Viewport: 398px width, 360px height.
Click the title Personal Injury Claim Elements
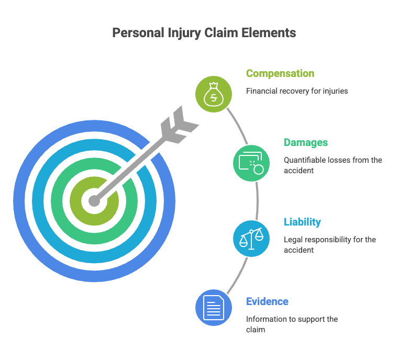[x=204, y=33]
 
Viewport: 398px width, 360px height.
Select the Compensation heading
[x=280, y=74]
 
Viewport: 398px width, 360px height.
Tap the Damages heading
[x=306, y=142]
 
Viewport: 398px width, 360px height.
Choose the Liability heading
[x=302, y=222]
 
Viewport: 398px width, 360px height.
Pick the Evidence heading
[x=267, y=301]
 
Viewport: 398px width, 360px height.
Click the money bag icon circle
[x=214, y=94]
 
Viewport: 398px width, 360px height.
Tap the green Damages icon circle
[x=251, y=163]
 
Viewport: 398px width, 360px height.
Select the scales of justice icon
[x=251, y=239]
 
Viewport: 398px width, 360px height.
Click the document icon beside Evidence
[x=214, y=308]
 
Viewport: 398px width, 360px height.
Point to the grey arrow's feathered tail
[x=180, y=125]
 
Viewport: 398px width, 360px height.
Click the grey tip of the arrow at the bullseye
[x=94, y=201]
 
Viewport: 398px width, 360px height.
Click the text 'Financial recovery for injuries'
[x=297, y=91]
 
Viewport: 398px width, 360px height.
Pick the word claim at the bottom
[x=256, y=330]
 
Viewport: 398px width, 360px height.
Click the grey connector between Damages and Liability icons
[x=257, y=201]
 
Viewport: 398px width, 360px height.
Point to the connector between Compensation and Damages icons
[x=238, y=126]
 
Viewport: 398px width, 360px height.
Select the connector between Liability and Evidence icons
[x=238, y=276]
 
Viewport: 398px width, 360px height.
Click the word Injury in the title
[x=184, y=33]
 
